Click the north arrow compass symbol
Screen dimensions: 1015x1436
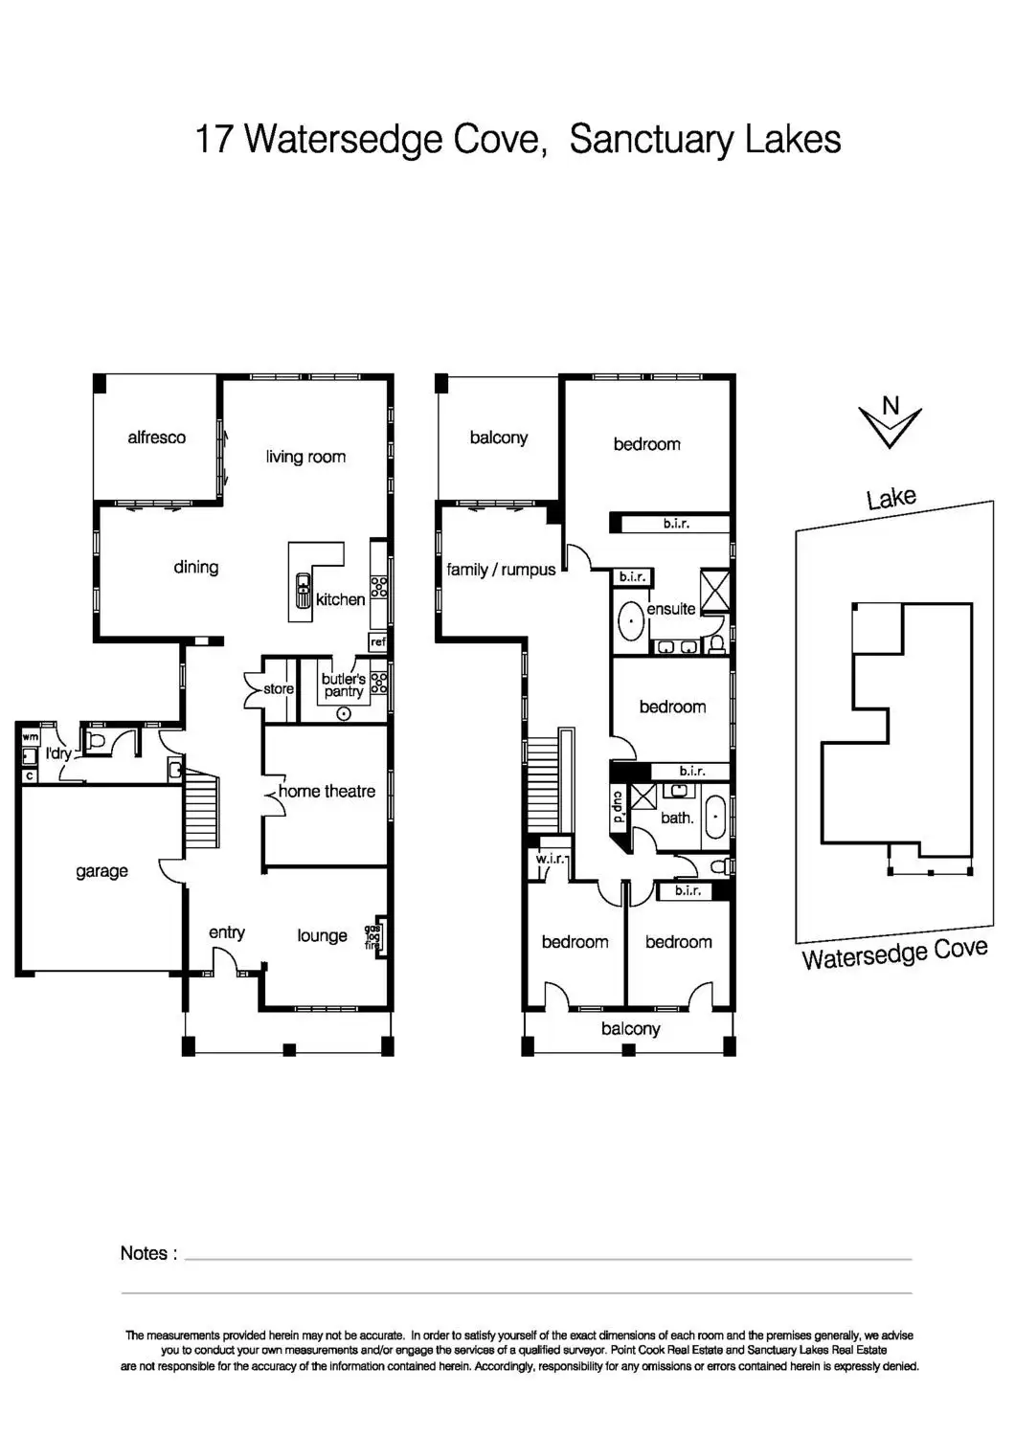pos(890,422)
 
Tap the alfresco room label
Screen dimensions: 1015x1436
pos(156,438)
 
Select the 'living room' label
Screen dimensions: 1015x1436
pos(305,457)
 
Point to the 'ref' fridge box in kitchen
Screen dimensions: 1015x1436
pos(378,642)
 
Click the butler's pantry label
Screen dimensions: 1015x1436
pos(343,685)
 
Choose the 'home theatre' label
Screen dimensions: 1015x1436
pos(327,791)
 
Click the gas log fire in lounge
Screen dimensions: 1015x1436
pos(373,936)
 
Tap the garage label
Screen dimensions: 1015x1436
pos(101,871)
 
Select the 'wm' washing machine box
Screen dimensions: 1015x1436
pos(30,737)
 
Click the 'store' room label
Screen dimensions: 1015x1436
pos(279,688)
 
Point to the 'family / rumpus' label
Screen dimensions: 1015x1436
pos(501,570)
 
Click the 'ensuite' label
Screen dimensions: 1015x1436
pos(670,609)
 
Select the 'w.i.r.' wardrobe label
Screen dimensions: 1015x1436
pos(550,859)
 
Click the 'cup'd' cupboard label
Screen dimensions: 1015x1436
pos(619,806)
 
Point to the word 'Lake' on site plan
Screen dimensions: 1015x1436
pos(891,498)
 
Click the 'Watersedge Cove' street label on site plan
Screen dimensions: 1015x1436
pos(894,954)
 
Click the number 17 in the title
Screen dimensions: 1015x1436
pos(214,139)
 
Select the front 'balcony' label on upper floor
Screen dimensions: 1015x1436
pos(630,1028)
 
